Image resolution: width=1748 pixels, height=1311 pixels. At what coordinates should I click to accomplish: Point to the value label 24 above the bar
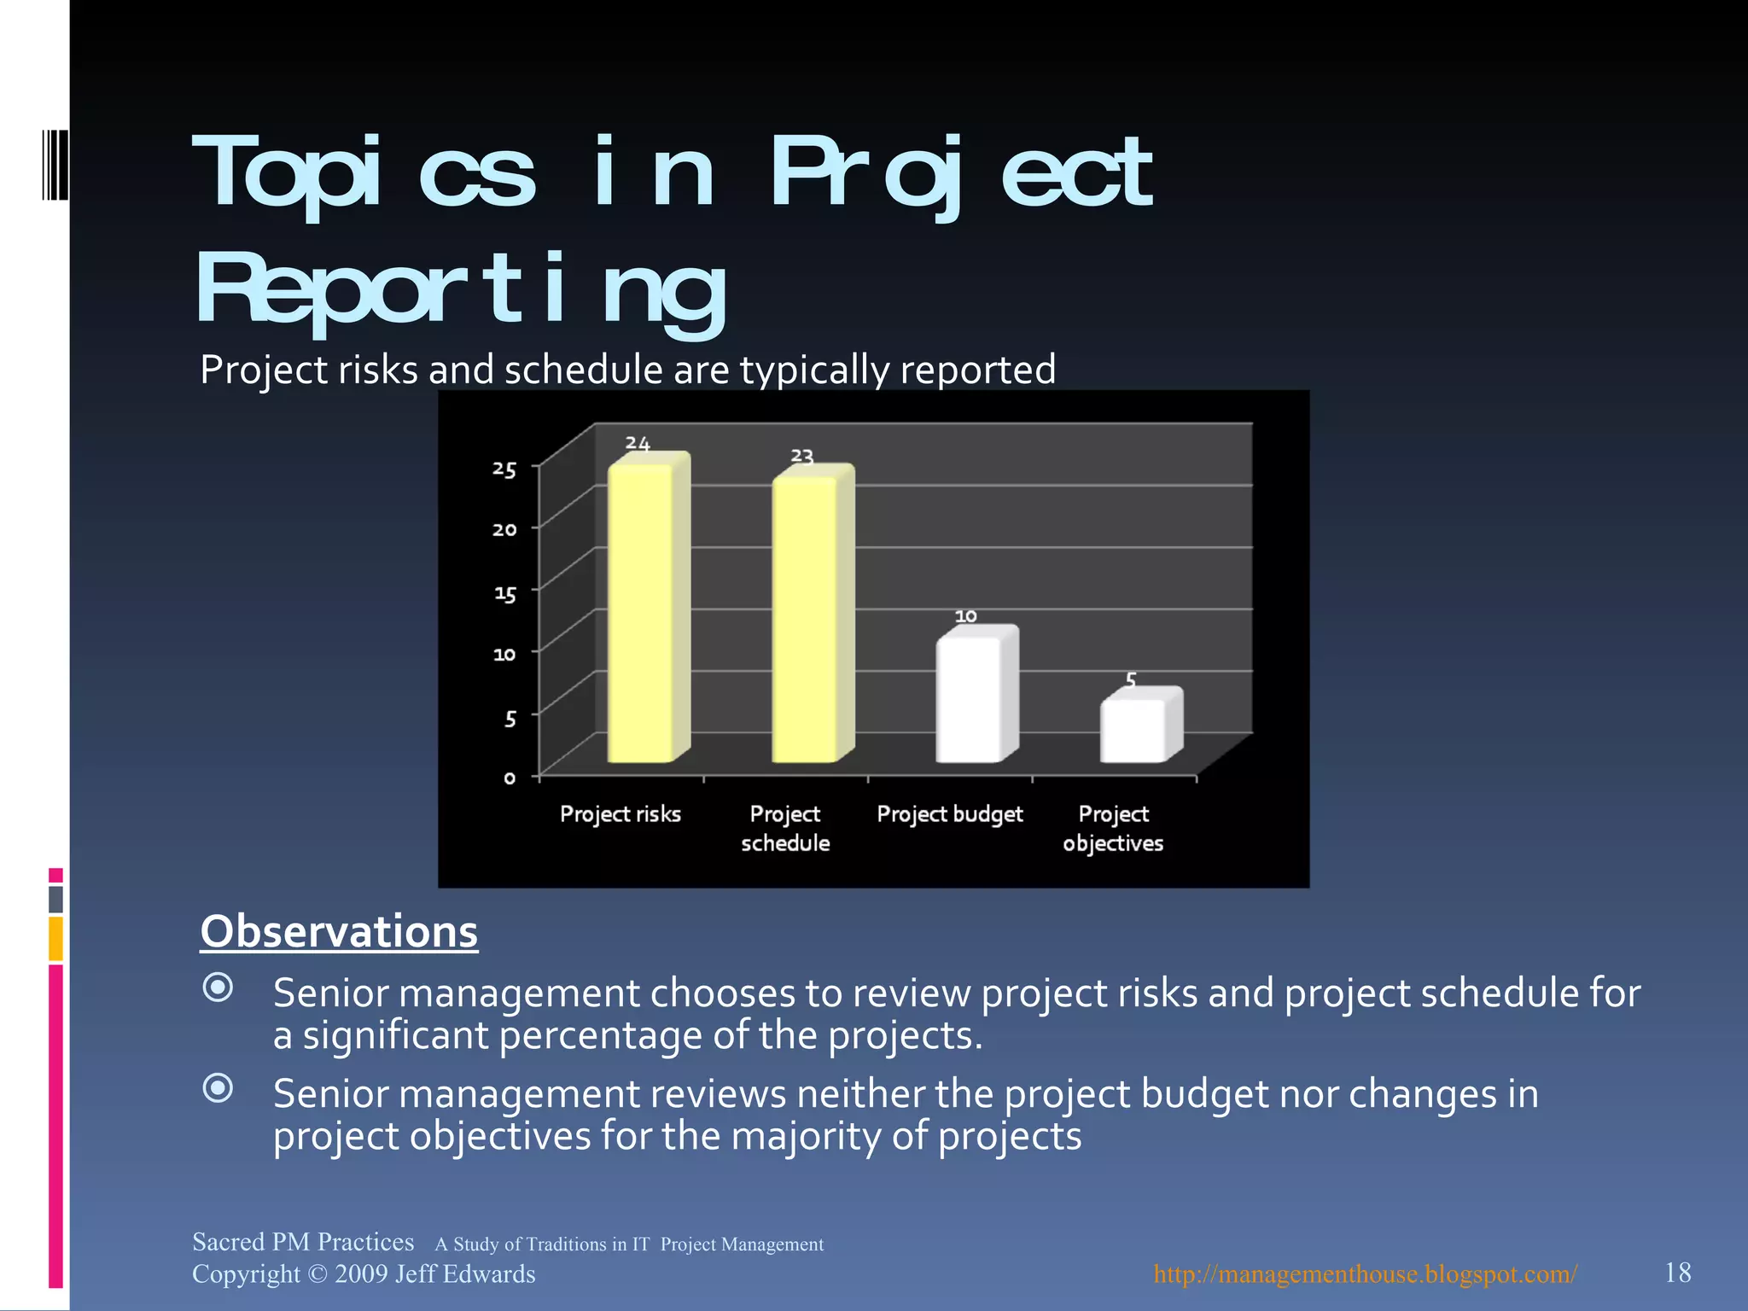click(638, 443)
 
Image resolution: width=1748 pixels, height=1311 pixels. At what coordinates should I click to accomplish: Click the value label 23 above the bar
click(801, 456)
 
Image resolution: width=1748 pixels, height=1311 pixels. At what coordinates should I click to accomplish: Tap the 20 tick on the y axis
click(504, 530)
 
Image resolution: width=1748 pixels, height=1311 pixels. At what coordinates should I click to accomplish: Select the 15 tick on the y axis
click(504, 593)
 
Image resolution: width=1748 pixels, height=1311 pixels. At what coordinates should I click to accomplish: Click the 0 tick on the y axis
click(510, 778)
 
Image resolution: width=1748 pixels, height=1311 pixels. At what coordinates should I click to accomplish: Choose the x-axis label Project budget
click(949, 814)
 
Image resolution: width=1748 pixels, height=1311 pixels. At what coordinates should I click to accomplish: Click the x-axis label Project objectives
click(1113, 829)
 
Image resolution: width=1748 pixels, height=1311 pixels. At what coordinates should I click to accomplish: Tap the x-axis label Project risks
click(621, 814)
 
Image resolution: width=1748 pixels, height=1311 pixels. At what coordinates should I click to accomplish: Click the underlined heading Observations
click(339, 931)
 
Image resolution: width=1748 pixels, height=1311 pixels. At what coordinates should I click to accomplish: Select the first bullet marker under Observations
click(218, 988)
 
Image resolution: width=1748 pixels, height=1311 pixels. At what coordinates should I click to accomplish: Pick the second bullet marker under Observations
click(218, 1088)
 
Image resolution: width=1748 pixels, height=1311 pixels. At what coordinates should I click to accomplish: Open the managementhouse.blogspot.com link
click(1365, 1273)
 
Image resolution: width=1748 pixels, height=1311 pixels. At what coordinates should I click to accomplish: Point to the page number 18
click(1677, 1273)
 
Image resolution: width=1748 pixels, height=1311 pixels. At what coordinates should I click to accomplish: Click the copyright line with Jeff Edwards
click(364, 1273)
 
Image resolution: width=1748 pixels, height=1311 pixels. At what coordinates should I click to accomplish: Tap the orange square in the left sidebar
click(55, 938)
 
